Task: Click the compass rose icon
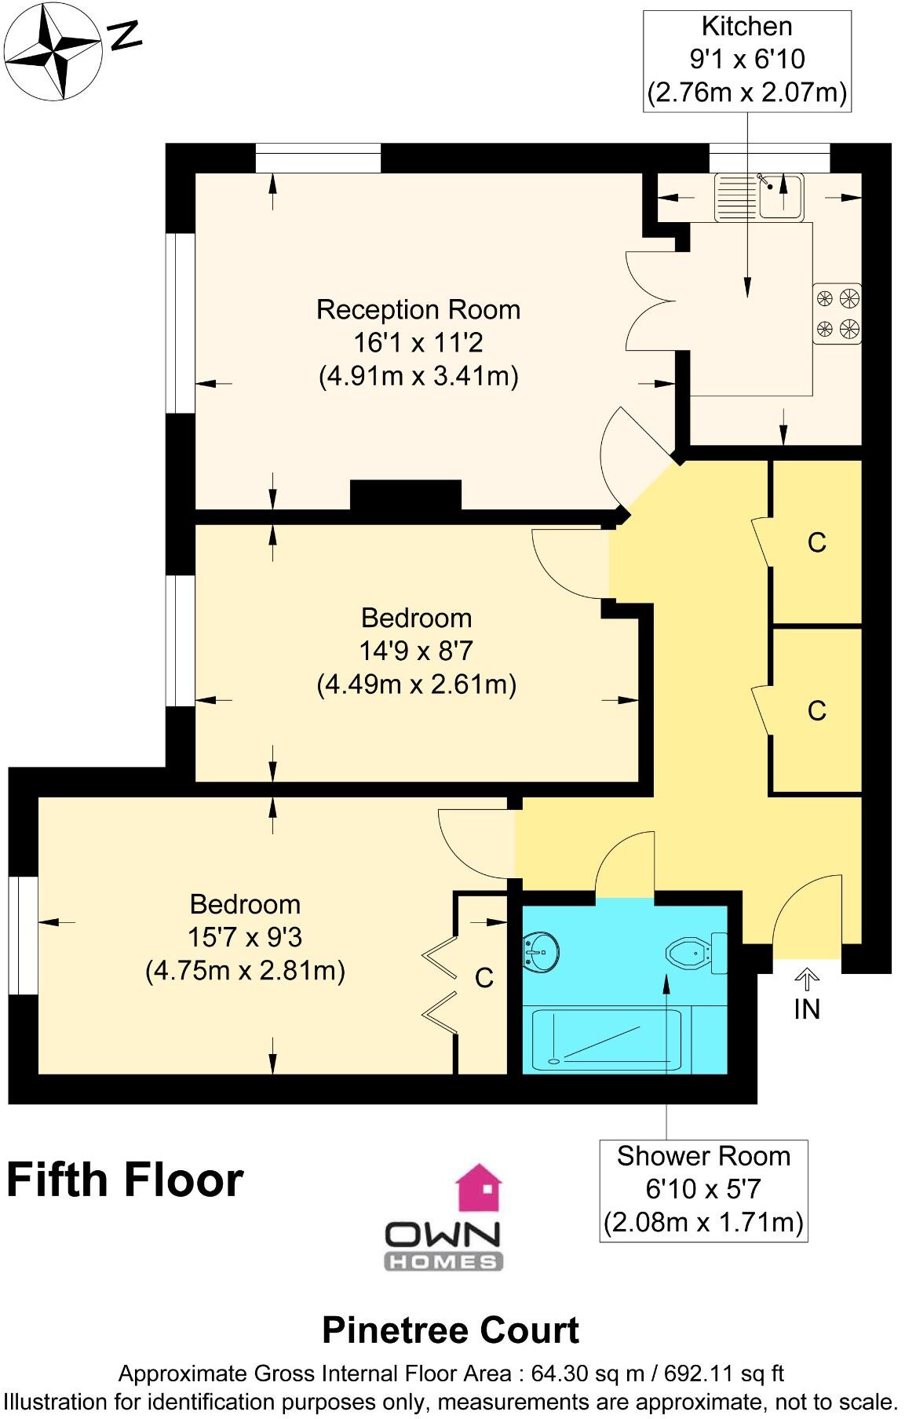(53, 53)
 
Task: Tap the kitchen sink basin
(779, 195)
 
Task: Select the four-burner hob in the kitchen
(837, 313)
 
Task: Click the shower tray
(606, 1039)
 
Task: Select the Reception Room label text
(418, 310)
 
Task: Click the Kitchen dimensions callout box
(746, 60)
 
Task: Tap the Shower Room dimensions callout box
(703, 1190)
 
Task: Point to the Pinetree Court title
(451, 1330)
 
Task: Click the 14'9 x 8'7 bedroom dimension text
(416, 651)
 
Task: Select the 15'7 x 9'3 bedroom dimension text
(245, 937)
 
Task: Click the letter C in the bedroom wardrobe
(484, 978)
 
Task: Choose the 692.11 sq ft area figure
(724, 1373)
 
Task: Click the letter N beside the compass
(125, 36)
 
